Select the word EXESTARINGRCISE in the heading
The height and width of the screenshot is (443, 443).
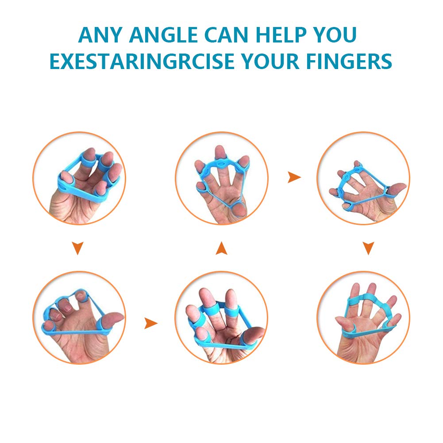click(x=142, y=62)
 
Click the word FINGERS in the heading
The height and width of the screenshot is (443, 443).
click(x=349, y=62)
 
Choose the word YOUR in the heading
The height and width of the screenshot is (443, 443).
click(x=270, y=62)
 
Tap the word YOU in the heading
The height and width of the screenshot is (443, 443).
click(x=335, y=35)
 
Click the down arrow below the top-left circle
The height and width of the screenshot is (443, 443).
click(x=78, y=248)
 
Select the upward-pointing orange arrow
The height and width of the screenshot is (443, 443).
click(x=221, y=248)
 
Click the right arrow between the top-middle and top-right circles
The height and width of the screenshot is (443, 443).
click(x=294, y=177)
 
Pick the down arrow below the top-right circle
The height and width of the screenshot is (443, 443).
click(x=368, y=248)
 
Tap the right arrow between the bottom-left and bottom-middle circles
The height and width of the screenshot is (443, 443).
click(x=151, y=323)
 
